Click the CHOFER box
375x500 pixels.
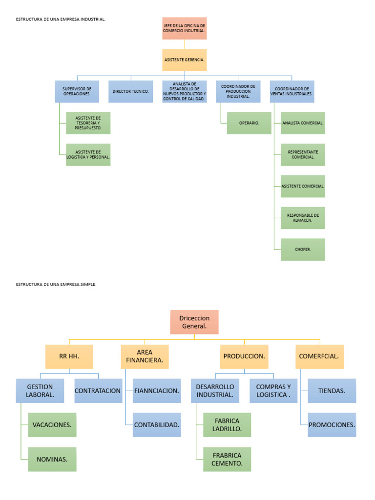(x=303, y=250)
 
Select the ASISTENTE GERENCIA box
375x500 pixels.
(x=184, y=60)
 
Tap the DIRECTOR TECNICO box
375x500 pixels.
(x=131, y=91)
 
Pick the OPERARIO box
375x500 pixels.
(x=249, y=123)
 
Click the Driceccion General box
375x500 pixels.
(x=194, y=322)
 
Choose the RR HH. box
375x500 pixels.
(x=69, y=356)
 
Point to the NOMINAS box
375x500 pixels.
(x=52, y=459)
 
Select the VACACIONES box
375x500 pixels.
(x=52, y=425)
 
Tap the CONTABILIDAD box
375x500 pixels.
(x=157, y=425)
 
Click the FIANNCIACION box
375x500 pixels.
(x=157, y=391)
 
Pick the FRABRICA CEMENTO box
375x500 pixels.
(x=227, y=459)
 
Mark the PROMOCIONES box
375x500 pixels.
(x=332, y=425)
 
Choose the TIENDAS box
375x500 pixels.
(x=332, y=391)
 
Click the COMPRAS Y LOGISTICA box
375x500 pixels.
(x=273, y=391)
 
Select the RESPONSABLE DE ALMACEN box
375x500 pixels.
(x=303, y=218)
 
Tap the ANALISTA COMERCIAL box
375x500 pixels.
(x=303, y=123)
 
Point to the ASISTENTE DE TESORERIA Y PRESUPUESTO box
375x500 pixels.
(x=88, y=123)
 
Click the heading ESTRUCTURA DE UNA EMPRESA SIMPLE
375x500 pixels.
(x=56, y=285)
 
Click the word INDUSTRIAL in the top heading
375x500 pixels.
(x=93, y=20)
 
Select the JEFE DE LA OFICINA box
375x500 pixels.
(x=184, y=28)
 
